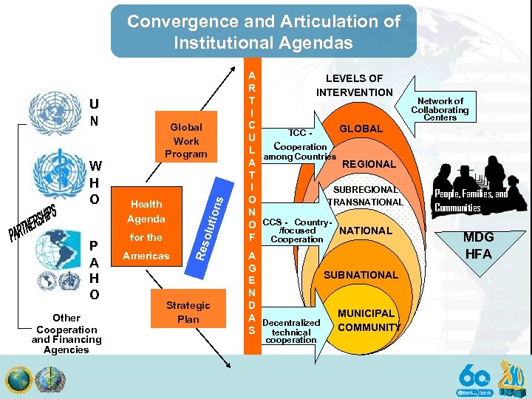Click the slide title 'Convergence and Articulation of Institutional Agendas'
tap(264, 32)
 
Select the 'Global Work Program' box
tap(185, 140)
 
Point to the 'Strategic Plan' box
tap(188, 312)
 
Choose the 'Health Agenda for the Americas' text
tap(146, 229)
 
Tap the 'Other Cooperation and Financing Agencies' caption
tap(66, 334)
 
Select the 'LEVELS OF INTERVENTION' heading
tap(355, 85)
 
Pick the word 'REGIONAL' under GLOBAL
tap(369, 164)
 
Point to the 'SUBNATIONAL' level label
tap(361, 275)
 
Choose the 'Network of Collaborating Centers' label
tap(440, 109)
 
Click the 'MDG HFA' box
tap(479, 245)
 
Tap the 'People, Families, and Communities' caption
tap(471, 201)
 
